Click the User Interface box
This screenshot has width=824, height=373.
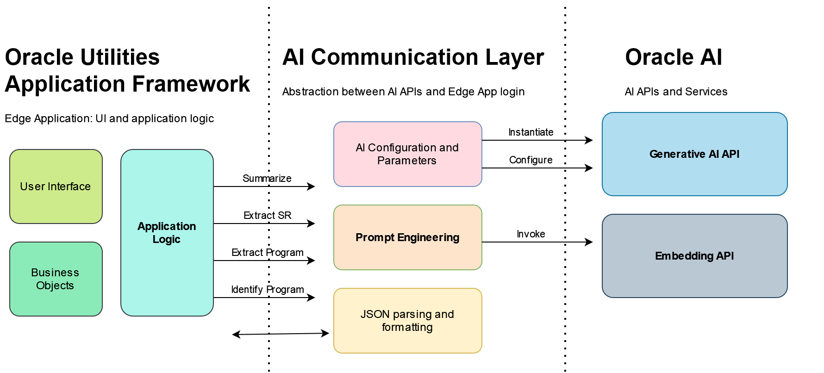tap(56, 186)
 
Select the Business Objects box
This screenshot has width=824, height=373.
tap(56, 279)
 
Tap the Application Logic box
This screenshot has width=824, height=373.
tap(167, 233)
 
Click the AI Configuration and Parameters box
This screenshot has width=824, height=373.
tap(407, 154)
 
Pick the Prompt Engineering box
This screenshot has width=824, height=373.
tap(407, 237)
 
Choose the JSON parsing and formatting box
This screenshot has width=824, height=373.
tap(407, 321)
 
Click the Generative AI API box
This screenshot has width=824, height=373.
tap(694, 154)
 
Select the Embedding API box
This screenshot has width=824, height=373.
tap(694, 256)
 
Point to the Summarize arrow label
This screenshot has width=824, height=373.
tap(267, 179)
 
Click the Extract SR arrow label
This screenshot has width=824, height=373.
tap(268, 216)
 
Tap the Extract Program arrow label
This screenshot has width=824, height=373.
tap(268, 253)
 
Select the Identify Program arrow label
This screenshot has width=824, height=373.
tap(268, 290)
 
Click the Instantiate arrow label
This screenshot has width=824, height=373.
tap(531, 132)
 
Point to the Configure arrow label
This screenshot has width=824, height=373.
tap(531, 160)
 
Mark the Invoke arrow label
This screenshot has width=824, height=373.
tap(531, 234)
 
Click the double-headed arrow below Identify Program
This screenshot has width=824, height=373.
tap(281, 334)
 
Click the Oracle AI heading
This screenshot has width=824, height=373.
tap(674, 57)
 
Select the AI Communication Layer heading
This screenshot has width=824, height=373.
tap(413, 57)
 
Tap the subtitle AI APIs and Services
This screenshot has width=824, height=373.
tap(676, 92)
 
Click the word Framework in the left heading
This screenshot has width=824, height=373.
tap(191, 84)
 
